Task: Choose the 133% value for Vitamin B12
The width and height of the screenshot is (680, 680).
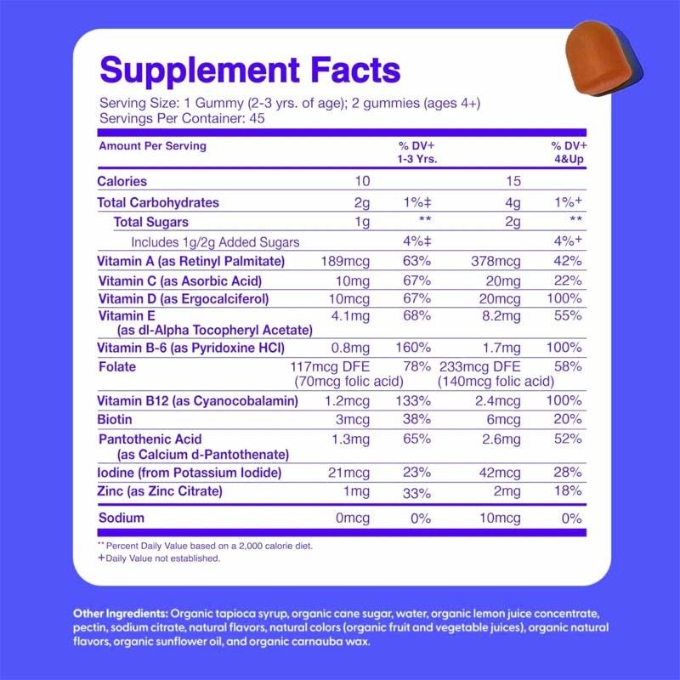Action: click(x=418, y=400)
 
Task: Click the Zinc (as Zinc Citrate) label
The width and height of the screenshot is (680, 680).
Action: click(x=161, y=491)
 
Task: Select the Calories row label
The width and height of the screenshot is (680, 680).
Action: click(x=122, y=181)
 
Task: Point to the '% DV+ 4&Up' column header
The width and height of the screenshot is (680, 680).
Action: click(x=569, y=152)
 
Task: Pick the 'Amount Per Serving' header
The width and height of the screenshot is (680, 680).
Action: click(x=152, y=146)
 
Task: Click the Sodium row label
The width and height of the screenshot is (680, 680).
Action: click(x=120, y=518)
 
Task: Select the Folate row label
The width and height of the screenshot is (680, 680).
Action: click(x=117, y=367)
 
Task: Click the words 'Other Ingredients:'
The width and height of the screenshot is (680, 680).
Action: click(x=121, y=613)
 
